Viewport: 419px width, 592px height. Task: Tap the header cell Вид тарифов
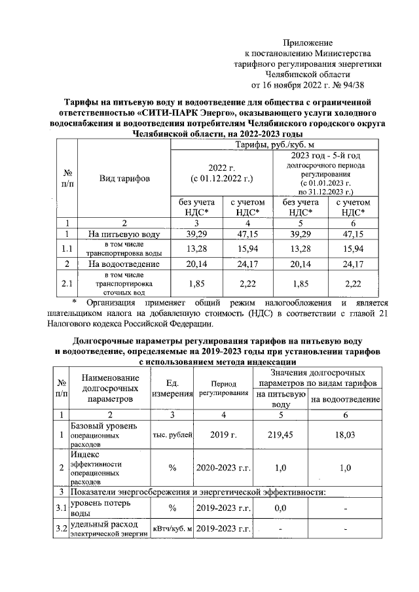coord(124,178)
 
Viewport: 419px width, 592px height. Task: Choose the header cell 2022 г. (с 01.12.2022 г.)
coord(221,173)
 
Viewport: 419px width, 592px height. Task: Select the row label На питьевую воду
coord(124,234)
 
